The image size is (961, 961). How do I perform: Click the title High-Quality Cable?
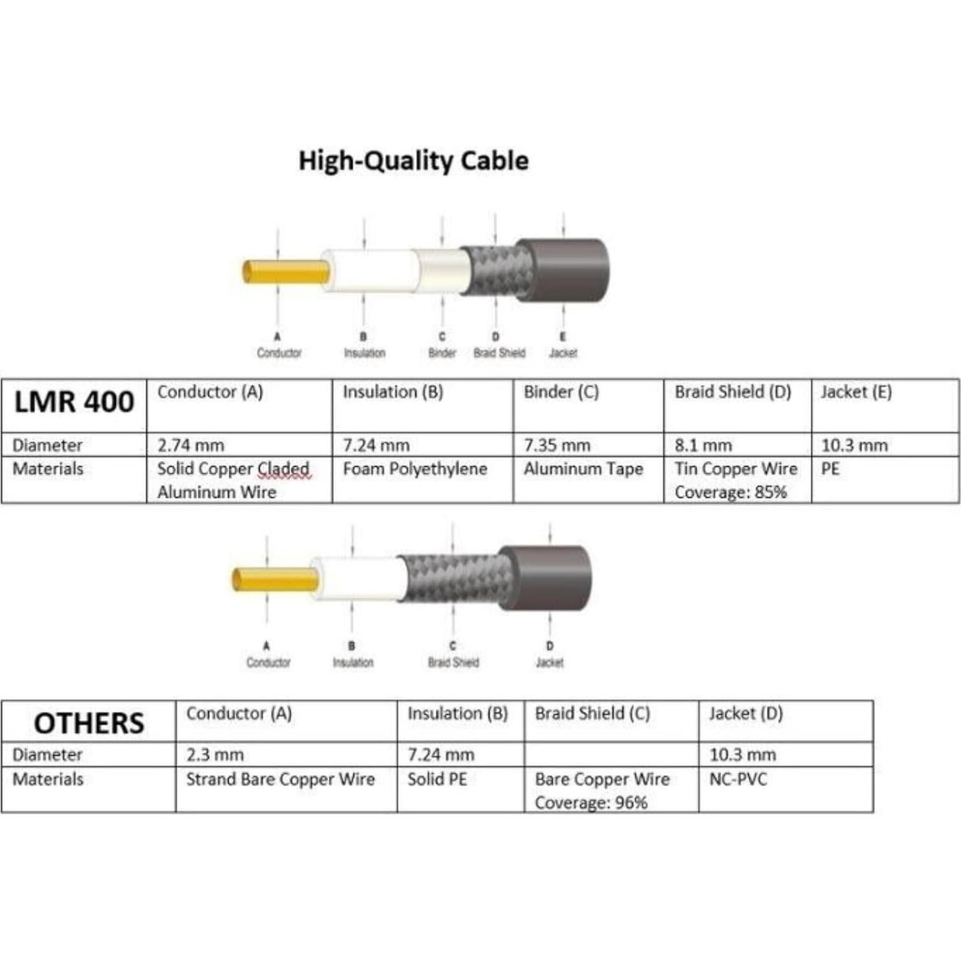[x=413, y=161]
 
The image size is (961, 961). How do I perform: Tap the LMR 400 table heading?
[x=74, y=401]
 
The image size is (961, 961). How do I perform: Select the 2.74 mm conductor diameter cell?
[x=190, y=446]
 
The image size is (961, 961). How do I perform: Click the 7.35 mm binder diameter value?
[x=557, y=446]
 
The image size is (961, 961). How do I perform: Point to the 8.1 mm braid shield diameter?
[x=703, y=446]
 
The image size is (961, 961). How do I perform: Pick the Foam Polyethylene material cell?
[x=414, y=469]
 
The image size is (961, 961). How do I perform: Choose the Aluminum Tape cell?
[x=583, y=469]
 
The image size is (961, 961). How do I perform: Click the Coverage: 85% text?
[x=730, y=492]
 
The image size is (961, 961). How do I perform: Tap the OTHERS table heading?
[x=89, y=723]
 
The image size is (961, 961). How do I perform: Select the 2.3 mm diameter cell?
[x=215, y=755]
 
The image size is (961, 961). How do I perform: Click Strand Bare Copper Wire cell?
[x=280, y=779]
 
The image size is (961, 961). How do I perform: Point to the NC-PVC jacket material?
[x=738, y=779]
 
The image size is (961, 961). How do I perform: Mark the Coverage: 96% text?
[x=591, y=803]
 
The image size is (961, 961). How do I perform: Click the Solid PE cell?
[x=437, y=779]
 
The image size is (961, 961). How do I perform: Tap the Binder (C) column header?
[x=561, y=392]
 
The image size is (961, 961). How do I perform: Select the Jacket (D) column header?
[x=745, y=714]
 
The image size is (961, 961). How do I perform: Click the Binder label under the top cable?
[x=442, y=353]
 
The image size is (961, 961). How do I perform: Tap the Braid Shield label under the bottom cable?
[x=453, y=662]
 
